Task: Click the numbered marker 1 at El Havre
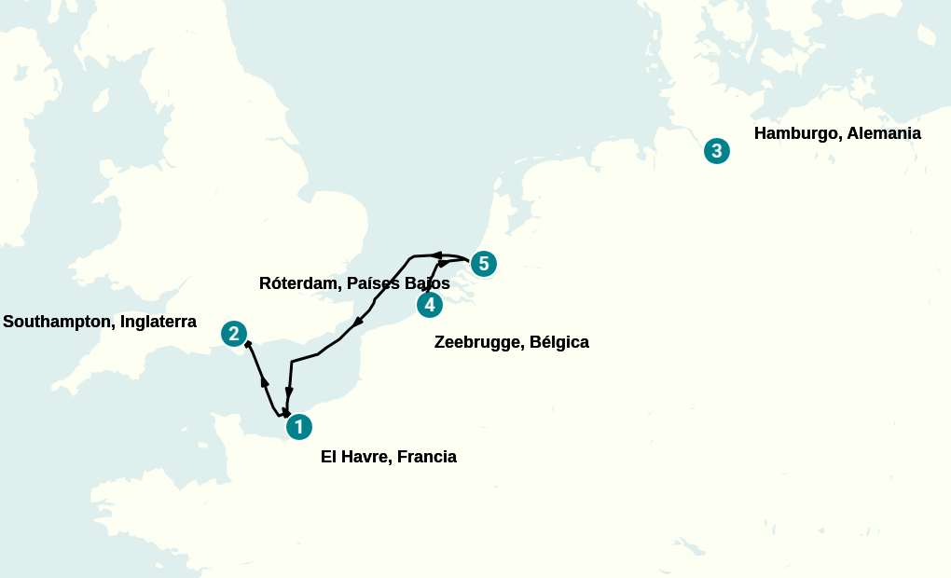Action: click(x=298, y=427)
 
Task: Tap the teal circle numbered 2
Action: click(x=234, y=333)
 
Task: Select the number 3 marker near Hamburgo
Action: click(x=716, y=150)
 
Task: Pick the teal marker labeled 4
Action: click(x=429, y=305)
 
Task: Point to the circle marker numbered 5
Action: click(x=483, y=264)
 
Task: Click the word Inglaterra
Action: click(x=158, y=322)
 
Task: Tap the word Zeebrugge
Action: click(x=478, y=342)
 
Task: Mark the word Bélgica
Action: click(x=559, y=342)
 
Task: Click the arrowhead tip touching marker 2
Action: click(x=247, y=345)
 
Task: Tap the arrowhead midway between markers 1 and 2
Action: click(x=265, y=381)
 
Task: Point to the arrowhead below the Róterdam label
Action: click(x=357, y=323)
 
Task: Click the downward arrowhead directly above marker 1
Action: click(x=289, y=392)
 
